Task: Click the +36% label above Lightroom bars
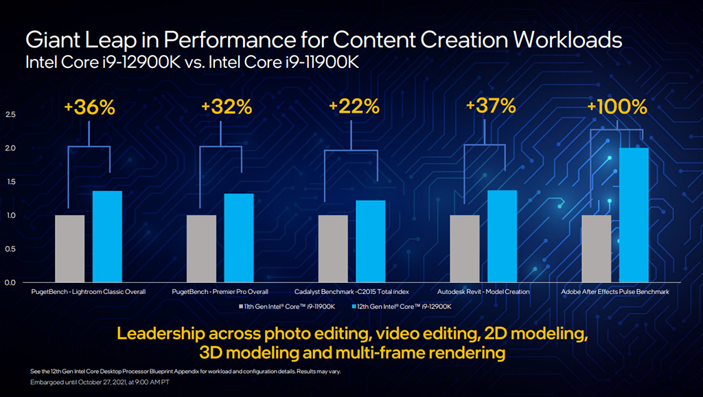click(x=89, y=108)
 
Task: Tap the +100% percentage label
click(x=616, y=108)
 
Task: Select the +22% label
click(x=354, y=107)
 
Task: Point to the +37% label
click(x=490, y=106)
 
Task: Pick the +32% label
click(x=227, y=108)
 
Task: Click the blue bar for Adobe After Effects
click(x=634, y=215)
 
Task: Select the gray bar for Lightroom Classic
click(x=69, y=249)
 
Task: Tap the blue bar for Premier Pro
click(x=239, y=238)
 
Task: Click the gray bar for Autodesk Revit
click(x=465, y=249)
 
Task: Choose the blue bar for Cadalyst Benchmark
click(x=371, y=241)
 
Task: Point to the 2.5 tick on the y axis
click(x=10, y=115)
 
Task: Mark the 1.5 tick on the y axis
click(x=10, y=182)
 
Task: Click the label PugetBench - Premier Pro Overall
click(x=220, y=292)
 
